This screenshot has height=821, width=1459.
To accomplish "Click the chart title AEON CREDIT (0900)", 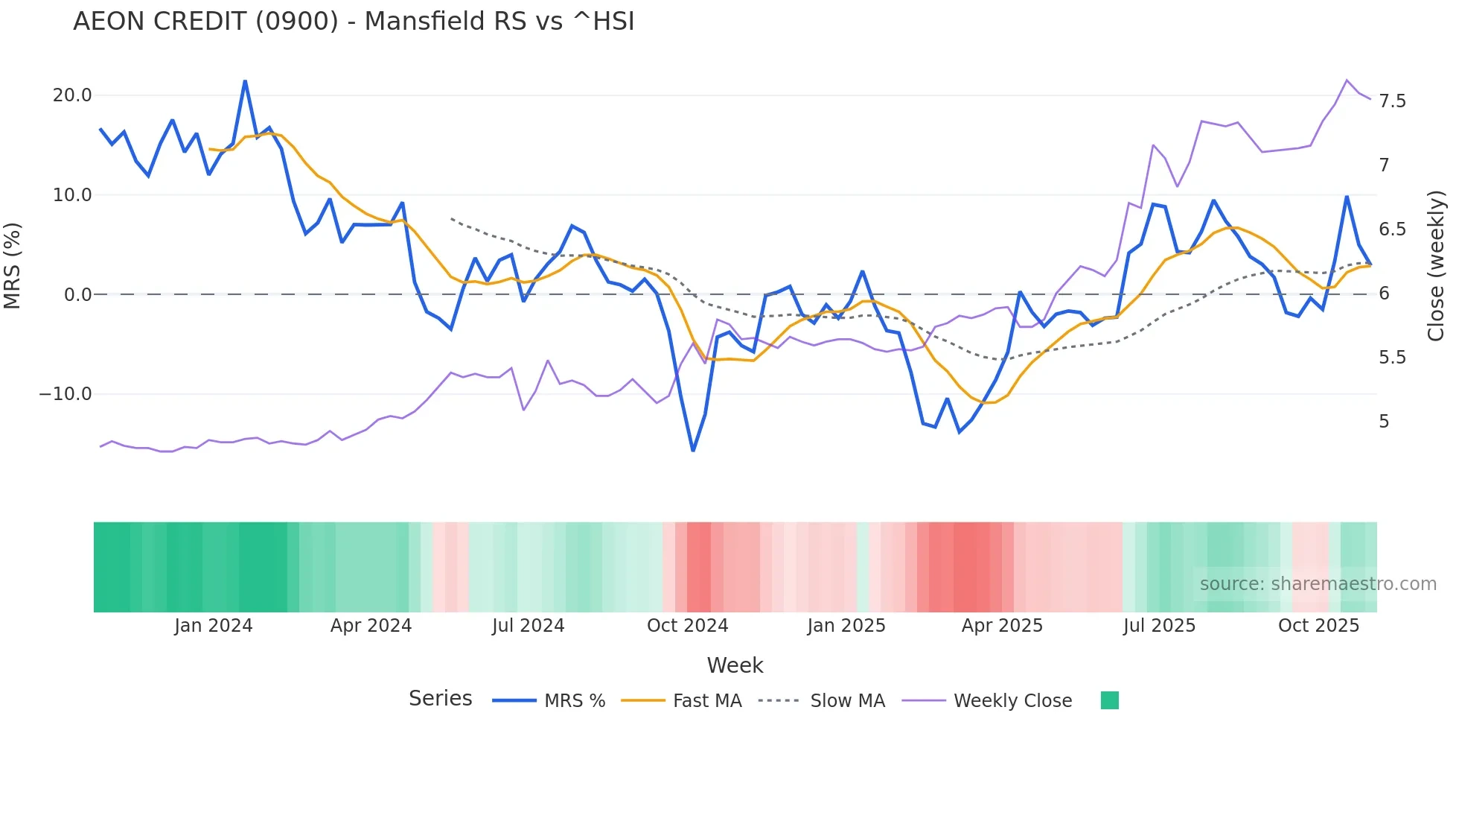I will pos(354,22).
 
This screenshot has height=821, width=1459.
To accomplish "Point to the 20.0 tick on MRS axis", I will pos(72,95).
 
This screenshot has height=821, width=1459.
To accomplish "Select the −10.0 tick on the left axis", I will pos(66,394).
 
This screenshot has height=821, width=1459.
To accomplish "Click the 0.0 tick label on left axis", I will pos(77,295).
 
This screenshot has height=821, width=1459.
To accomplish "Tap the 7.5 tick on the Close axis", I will pos(1392,101).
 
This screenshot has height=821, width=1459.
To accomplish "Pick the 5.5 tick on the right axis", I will pos(1392,358).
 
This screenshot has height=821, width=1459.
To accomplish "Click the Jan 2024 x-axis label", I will pos(214,626).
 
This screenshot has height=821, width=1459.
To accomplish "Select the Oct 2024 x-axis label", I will pos(687,626).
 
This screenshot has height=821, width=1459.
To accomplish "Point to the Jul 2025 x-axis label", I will pos(1159,626).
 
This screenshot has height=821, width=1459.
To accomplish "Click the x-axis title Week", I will pos(735,665).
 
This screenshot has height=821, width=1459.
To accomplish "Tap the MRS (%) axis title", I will pos(13,266).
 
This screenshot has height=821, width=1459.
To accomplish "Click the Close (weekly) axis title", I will pos(1436,266).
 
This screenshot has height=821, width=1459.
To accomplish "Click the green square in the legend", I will pos(1109,700).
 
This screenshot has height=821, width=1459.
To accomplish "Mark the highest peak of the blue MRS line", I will pos(245,81).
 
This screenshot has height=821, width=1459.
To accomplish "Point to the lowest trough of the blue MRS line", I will pos(693,451).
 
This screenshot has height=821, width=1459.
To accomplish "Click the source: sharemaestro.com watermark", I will pos(1318,584).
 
